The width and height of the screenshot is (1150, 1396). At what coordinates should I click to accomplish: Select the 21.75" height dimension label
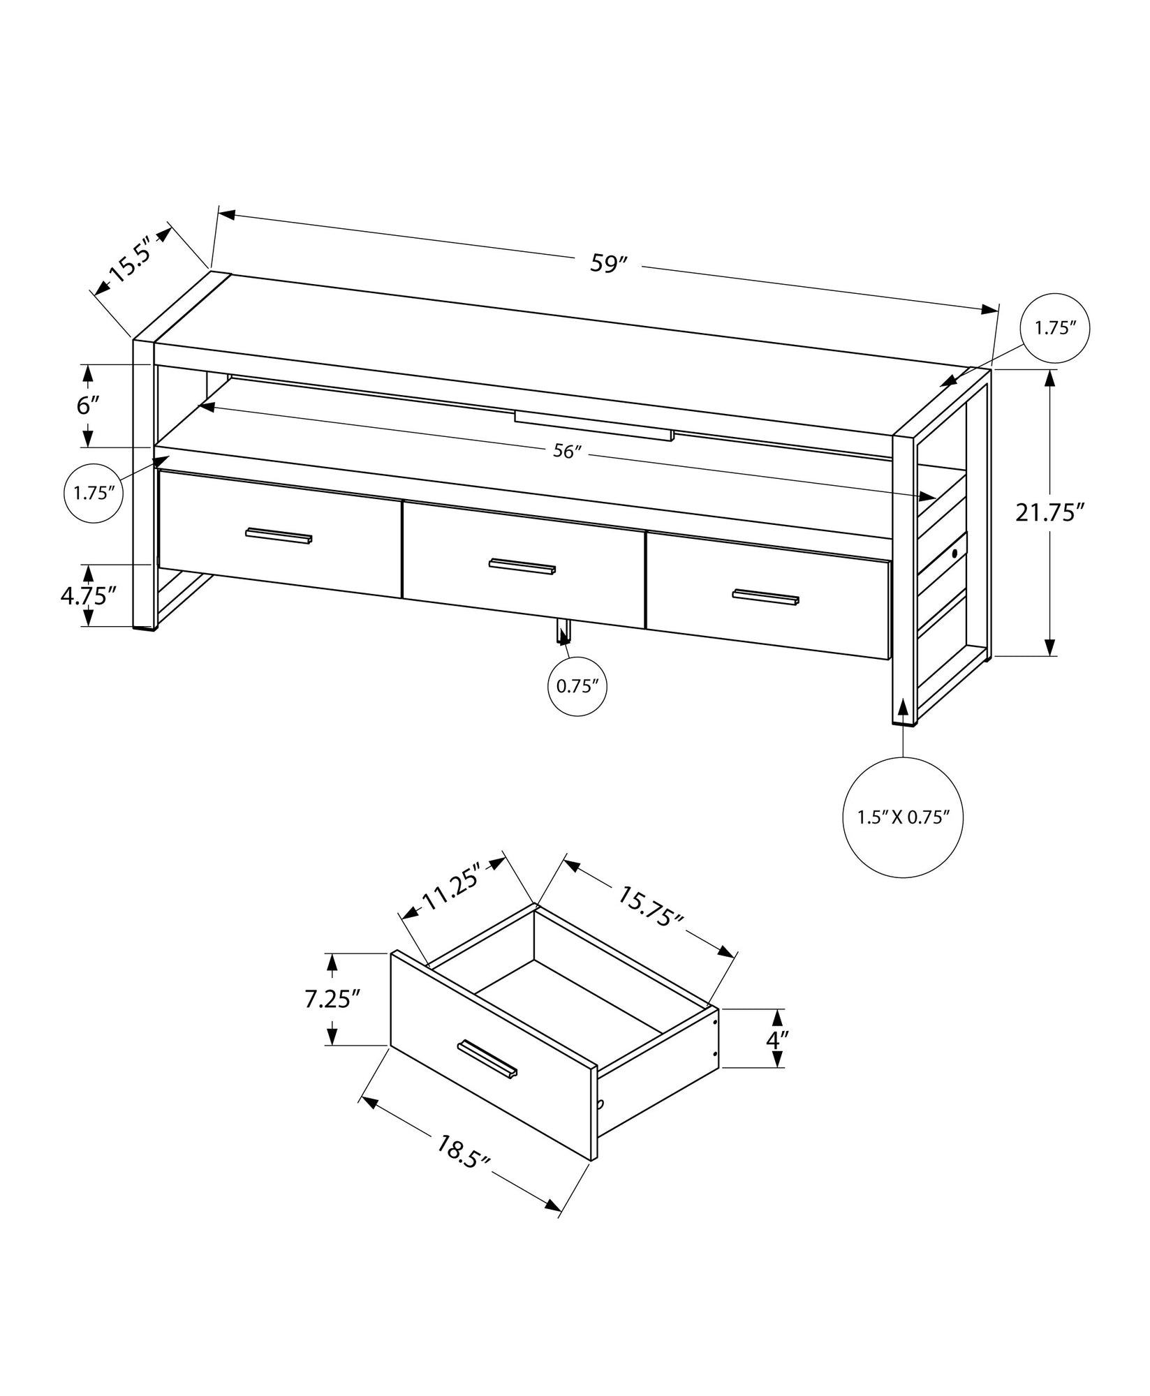pyautogui.click(x=1049, y=513)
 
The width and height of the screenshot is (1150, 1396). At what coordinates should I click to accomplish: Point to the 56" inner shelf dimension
pyautogui.click(x=567, y=452)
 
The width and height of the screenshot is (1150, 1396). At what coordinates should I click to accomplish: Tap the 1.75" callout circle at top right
pyautogui.click(x=1055, y=328)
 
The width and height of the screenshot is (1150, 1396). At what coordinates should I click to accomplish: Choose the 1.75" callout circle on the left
pyautogui.click(x=94, y=493)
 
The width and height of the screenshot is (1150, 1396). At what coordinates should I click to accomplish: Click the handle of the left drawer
pyautogui.click(x=279, y=535)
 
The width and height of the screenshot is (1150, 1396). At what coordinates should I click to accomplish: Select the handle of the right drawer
pyautogui.click(x=765, y=597)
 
